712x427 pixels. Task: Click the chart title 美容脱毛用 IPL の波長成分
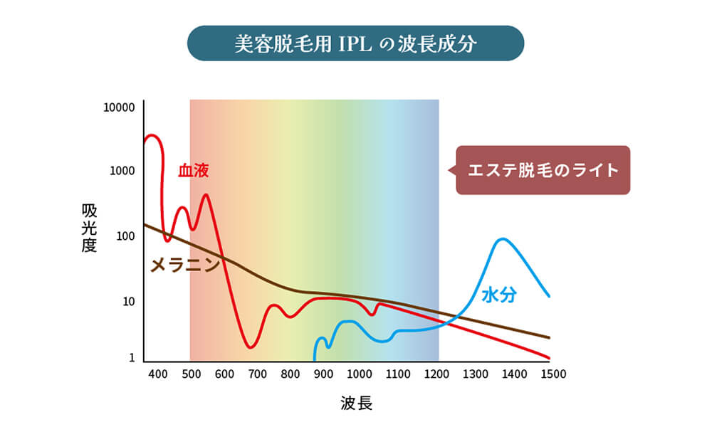click(x=355, y=43)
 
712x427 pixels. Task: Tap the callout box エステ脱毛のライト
click(x=543, y=171)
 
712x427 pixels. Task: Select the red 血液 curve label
click(x=193, y=170)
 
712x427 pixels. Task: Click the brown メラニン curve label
click(x=184, y=265)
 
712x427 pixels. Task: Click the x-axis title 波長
click(x=355, y=403)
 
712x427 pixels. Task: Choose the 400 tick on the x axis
click(x=157, y=374)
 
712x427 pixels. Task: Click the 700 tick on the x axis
click(x=257, y=374)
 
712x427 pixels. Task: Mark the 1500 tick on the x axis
click(x=549, y=374)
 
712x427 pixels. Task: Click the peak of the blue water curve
click(x=503, y=239)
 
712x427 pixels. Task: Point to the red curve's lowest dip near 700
click(x=250, y=347)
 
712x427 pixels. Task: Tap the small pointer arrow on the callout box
click(x=451, y=171)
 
